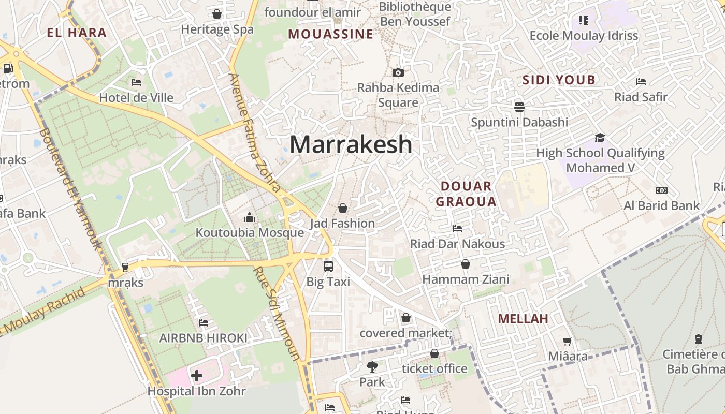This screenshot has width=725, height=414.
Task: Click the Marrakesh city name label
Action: click(x=351, y=144)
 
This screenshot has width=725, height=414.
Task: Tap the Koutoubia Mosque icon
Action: click(x=250, y=217)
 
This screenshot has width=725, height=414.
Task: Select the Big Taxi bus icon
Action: click(x=328, y=267)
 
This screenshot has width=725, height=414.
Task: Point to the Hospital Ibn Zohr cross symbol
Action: click(x=197, y=375)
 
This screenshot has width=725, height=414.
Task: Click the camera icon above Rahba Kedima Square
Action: click(x=398, y=72)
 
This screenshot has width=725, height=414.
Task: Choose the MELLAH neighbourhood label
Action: click(x=523, y=319)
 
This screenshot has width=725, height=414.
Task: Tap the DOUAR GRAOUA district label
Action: click(x=466, y=194)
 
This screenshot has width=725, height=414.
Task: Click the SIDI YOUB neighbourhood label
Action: click(x=559, y=80)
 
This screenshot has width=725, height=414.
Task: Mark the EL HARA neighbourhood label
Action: click(x=77, y=33)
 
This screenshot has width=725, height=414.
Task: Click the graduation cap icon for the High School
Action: click(x=600, y=138)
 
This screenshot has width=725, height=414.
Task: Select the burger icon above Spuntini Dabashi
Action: click(x=519, y=107)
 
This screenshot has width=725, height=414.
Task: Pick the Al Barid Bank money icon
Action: click(x=661, y=190)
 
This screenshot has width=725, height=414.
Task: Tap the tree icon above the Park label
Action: click(x=372, y=367)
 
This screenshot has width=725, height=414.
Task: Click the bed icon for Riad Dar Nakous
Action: click(x=457, y=228)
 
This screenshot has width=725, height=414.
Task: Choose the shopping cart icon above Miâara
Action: click(x=568, y=341)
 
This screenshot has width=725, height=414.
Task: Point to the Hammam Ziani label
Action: click(x=466, y=279)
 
